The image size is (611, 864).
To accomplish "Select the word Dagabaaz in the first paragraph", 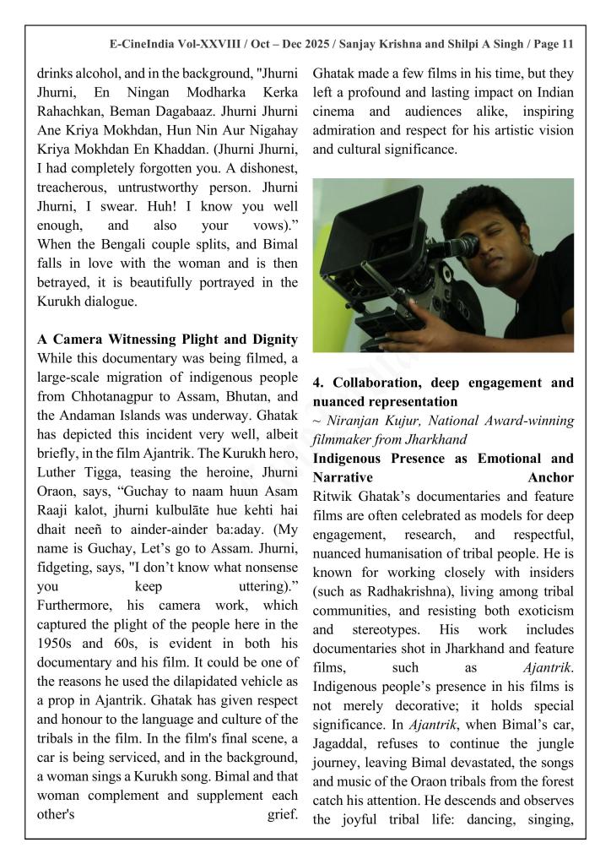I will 240,112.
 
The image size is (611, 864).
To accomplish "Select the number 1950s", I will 57,644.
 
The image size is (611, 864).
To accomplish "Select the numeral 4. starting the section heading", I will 318,383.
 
